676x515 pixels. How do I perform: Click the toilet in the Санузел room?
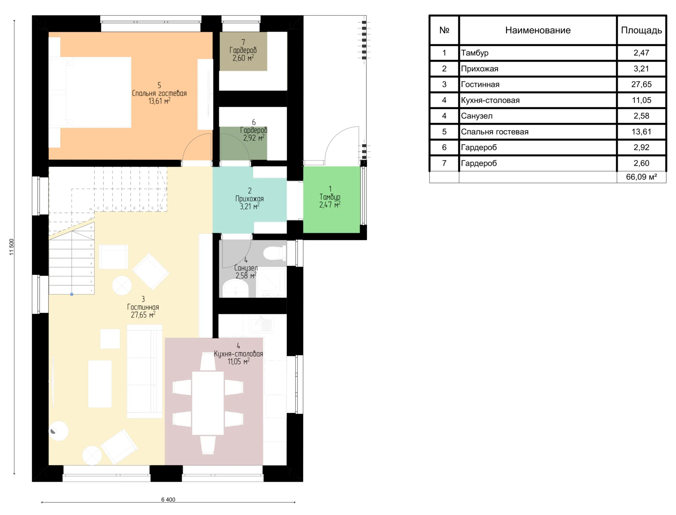(x=275, y=253)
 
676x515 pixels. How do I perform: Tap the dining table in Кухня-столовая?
(x=208, y=403)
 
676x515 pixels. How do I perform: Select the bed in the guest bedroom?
(x=90, y=92)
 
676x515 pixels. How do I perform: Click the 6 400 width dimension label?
(x=168, y=499)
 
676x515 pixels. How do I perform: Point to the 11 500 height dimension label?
(x=12, y=247)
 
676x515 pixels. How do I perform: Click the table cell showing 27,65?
(x=641, y=84)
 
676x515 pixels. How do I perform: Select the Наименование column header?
(x=538, y=30)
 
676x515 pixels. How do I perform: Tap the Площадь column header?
(x=641, y=30)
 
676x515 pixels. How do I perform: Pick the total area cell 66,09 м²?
(x=641, y=177)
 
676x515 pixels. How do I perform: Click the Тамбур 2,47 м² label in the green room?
(x=330, y=197)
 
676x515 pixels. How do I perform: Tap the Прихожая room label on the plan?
(x=249, y=198)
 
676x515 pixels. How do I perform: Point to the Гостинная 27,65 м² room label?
(x=143, y=307)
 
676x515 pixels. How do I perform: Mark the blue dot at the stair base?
(x=72, y=294)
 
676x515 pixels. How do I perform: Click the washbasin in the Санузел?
(x=235, y=288)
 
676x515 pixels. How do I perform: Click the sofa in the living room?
(x=145, y=372)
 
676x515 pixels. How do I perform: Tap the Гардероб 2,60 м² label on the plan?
(x=243, y=50)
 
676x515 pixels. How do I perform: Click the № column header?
(x=444, y=30)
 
